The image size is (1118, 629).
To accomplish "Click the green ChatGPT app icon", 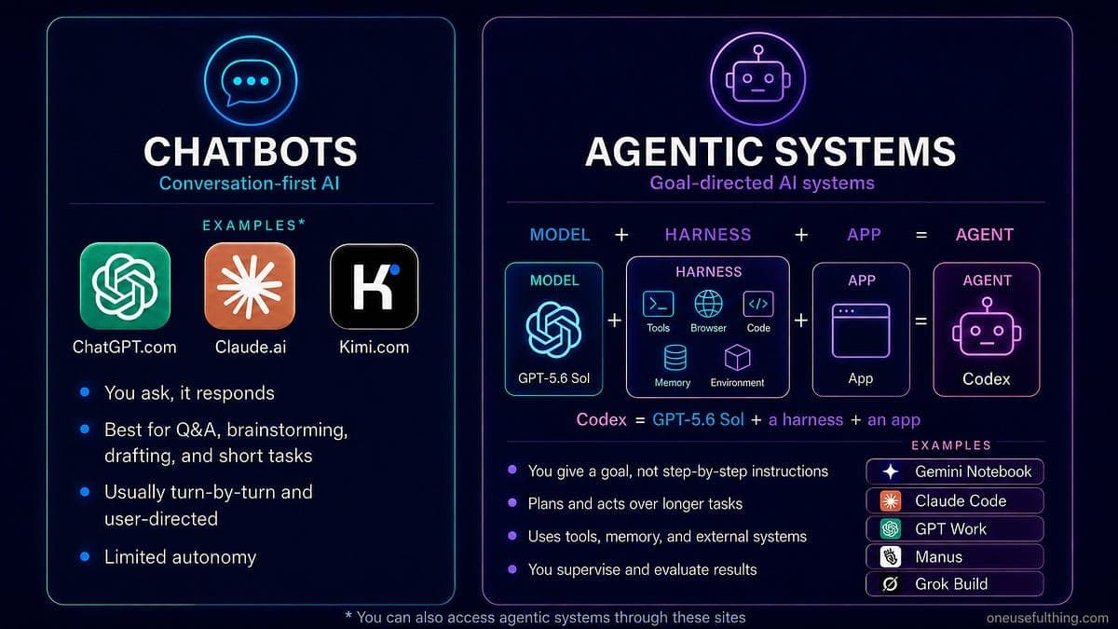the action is click(125, 286).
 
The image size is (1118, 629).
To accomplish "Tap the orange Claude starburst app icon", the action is click(250, 286).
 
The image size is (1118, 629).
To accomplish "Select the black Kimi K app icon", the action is click(375, 286).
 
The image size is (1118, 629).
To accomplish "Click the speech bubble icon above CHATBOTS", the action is click(251, 81).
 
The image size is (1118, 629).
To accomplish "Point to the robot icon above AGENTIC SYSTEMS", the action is click(757, 79).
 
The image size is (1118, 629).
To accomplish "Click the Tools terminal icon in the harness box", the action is click(659, 304).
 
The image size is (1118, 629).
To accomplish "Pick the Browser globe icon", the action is click(708, 304).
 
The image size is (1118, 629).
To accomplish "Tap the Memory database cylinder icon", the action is click(675, 358).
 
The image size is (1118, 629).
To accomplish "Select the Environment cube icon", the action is click(737, 358).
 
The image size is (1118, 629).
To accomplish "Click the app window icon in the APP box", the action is click(861, 331).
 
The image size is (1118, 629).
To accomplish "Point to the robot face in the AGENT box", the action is click(987, 327).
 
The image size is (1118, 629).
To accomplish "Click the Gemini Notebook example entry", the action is click(955, 472).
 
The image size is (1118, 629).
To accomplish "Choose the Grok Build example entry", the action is click(955, 584).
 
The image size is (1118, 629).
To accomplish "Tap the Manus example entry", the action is click(955, 556).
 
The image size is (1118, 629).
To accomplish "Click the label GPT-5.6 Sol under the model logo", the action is click(554, 378).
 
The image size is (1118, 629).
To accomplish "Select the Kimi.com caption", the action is click(375, 347).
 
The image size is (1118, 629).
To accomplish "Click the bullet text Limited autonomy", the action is click(180, 557).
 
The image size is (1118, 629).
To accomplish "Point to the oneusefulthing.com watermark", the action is click(1047, 618).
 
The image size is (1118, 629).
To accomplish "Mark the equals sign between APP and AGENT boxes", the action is click(921, 321).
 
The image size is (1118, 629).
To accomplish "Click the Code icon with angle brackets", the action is click(758, 304).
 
